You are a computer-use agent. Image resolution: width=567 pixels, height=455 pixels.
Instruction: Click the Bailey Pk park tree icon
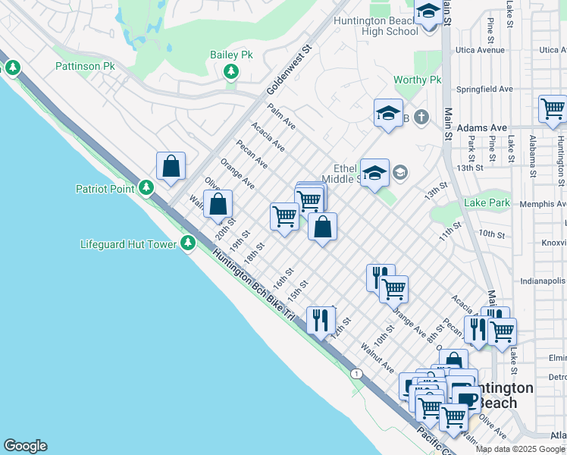(231, 72)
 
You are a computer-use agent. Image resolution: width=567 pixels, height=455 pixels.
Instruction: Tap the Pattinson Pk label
(85, 66)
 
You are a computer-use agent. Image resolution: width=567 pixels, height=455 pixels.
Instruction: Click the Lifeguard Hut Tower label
(128, 244)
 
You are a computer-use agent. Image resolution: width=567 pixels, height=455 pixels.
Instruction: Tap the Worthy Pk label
(417, 80)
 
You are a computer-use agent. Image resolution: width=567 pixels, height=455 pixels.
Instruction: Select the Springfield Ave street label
(484, 89)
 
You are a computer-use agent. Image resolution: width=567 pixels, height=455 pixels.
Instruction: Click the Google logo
(25, 446)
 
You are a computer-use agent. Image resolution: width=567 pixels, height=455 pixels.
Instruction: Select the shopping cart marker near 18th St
(284, 216)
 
